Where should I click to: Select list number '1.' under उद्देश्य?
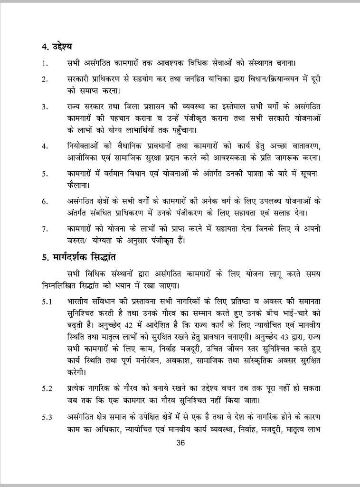(44, 64)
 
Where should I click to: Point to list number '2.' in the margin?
(45, 79)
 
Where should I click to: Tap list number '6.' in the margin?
(45, 202)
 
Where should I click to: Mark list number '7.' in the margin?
(45, 229)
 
